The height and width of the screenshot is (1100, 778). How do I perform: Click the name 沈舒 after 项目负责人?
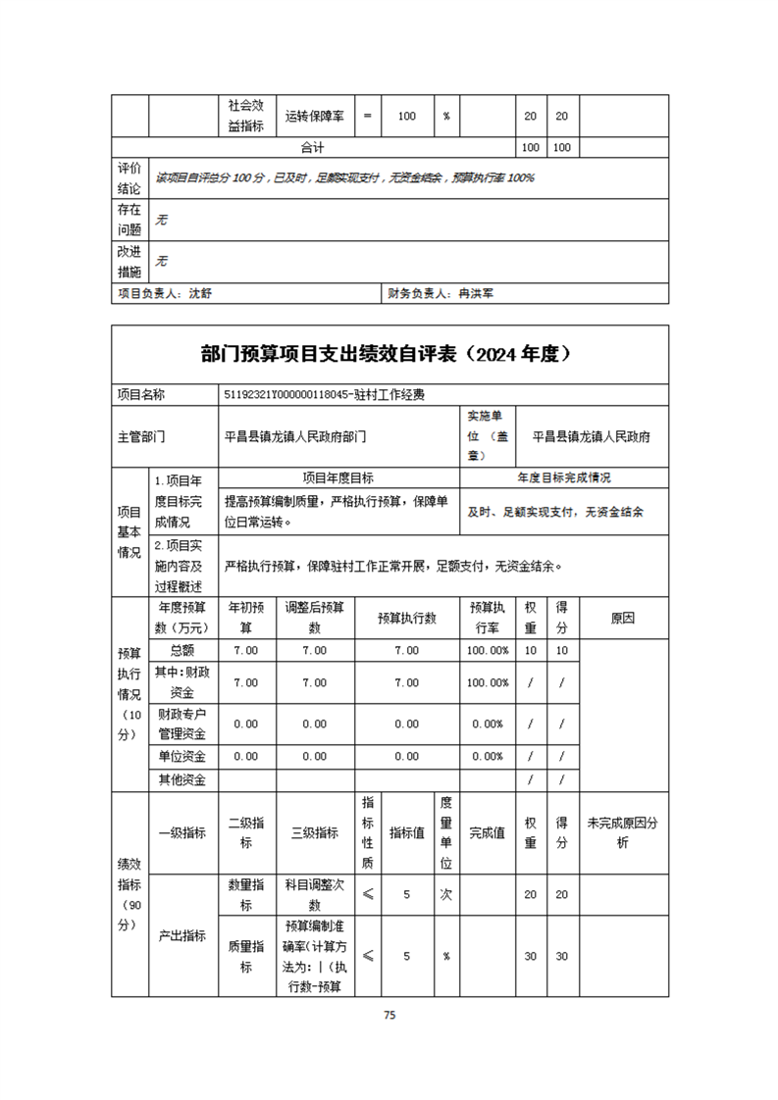(199, 293)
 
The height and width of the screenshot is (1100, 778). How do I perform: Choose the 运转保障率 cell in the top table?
(314, 116)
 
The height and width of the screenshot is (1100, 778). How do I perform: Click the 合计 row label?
(313, 147)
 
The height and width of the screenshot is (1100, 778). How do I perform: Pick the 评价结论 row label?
(130, 178)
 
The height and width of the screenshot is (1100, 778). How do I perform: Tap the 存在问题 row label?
(130, 220)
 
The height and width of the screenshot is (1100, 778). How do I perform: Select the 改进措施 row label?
(130, 261)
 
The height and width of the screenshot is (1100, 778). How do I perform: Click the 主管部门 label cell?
(141, 437)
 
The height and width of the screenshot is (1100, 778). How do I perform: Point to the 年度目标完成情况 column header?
(564, 478)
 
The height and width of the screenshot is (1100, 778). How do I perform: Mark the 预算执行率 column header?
(488, 619)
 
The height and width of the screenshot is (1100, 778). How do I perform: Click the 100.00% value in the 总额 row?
(488, 650)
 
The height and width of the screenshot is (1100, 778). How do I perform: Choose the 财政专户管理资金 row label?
(182, 724)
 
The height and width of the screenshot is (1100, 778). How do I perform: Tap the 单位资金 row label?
(182, 756)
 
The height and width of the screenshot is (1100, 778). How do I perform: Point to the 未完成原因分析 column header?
(623, 832)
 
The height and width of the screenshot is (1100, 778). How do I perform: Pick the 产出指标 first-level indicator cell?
(182, 935)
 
